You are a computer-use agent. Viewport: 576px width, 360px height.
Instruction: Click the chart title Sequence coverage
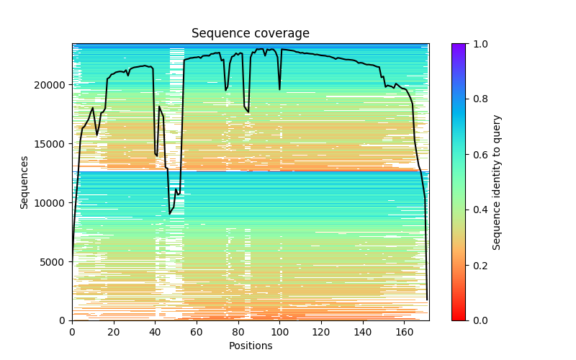250,34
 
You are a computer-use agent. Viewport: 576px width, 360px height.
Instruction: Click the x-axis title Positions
250,346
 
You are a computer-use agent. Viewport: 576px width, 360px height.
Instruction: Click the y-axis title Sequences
24,182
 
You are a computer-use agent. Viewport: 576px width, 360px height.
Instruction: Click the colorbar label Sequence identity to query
497,182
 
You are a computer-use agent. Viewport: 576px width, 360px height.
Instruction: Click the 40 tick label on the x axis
156,331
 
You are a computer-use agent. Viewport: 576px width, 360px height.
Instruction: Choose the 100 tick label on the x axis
280,331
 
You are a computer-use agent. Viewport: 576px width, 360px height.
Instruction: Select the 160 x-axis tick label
405,331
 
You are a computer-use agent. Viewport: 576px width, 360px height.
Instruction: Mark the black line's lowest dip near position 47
170,214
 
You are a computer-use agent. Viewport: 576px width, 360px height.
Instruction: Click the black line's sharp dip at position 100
280,89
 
